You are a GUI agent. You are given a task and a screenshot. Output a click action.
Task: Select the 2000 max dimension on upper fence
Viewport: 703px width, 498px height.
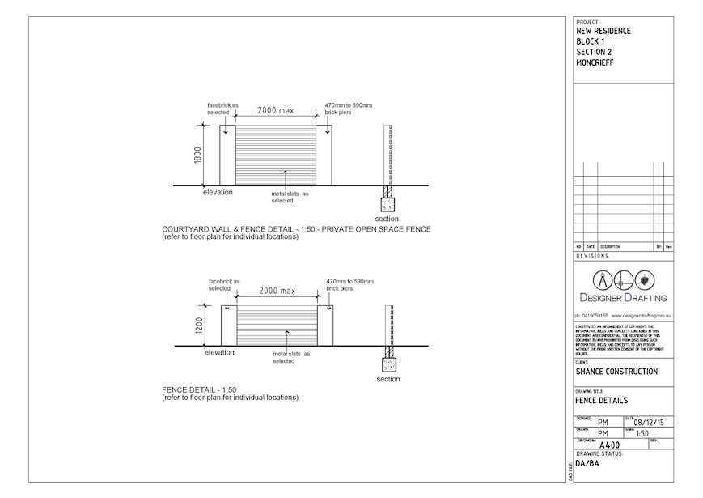(x=275, y=111)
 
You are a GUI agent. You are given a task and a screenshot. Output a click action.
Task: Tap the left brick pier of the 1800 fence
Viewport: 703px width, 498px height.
(x=227, y=155)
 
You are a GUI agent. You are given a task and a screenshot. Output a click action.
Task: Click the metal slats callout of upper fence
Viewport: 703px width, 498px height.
(x=290, y=197)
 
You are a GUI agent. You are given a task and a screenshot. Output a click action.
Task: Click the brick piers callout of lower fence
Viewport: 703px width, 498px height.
(x=349, y=284)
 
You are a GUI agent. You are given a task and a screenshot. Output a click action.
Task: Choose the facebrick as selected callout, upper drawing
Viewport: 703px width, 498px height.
(x=222, y=109)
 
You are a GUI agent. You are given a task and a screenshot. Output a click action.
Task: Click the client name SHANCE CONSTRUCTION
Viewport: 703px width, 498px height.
(x=616, y=372)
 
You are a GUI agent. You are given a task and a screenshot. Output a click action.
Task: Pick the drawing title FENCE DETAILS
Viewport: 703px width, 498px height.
(x=602, y=401)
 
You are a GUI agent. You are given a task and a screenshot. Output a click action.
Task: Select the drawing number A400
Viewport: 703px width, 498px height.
(x=608, y=445)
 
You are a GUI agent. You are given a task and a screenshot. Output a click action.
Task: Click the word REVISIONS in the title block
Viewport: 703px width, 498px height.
(x=594, y=255)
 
